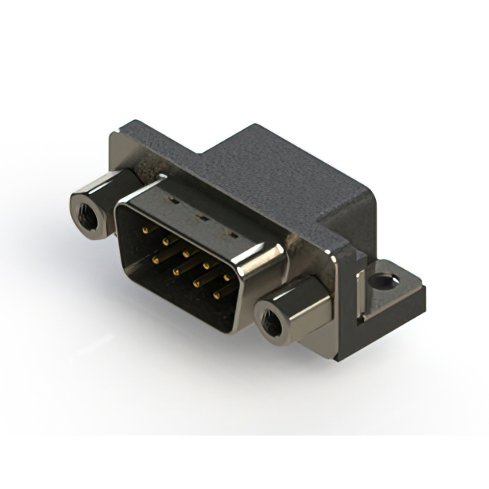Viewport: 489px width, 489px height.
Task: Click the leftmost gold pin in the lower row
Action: (157, 259)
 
